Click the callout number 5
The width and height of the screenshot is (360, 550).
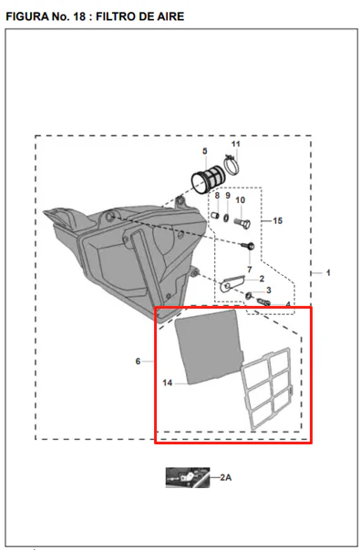pos(205,151)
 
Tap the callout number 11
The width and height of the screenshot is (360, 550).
pos(236,144)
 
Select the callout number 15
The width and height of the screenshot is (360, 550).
pos(277,220)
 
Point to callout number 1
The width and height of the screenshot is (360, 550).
pos(328,272)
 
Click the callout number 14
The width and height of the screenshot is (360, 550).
pos(168,382)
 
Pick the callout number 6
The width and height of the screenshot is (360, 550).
pos(138,361)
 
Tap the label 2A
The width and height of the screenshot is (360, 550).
pos(226,477)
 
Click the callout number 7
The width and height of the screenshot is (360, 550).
pos(250,270)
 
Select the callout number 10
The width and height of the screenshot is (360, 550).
pos(241,200)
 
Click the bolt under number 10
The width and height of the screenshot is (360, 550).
pos(242,223)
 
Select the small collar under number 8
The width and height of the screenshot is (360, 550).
pos(215,215)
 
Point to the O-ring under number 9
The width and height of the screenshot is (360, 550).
pos(226,219)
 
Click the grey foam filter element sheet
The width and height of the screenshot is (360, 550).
pos(209,345)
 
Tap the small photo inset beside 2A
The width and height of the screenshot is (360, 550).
pos(188,477)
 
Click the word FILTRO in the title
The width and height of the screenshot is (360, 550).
pos(117,16)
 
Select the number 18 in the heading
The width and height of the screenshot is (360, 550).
pos(79,16)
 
